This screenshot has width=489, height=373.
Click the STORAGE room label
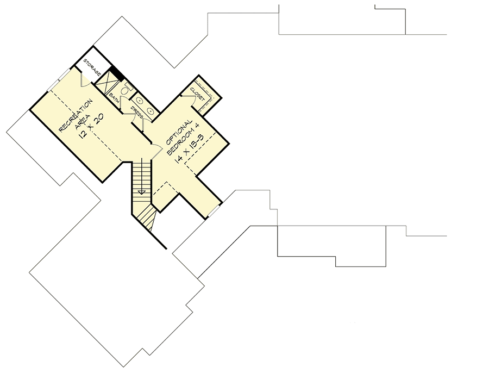tap(92, 66)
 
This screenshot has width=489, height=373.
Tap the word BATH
tap(114, 98)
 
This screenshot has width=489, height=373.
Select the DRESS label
tap(137, 113)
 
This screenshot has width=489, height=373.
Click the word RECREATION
tap(76, 115)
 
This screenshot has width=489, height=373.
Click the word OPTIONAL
tap(179, 132)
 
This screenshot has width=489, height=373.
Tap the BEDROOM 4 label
tap(183, 139)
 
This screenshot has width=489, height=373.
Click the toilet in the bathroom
tap(126, 90)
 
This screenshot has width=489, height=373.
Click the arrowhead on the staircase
tap(142, 192)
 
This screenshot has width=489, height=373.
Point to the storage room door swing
tap(85, 79)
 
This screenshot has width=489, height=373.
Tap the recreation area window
tap(59, 80)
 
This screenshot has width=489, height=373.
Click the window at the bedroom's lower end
tap(214, 211)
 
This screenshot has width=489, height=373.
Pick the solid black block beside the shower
tap(117, 74)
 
